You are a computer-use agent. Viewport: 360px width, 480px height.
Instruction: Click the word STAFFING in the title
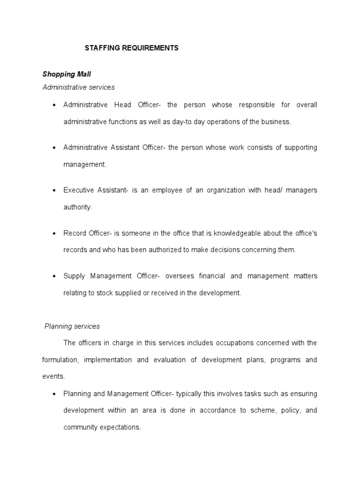99,48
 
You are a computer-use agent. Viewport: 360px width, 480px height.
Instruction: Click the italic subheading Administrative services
78,87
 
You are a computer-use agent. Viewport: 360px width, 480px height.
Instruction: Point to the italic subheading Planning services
72,326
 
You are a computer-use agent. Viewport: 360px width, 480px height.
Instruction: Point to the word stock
105,292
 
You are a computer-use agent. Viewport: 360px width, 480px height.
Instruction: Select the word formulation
61,360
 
